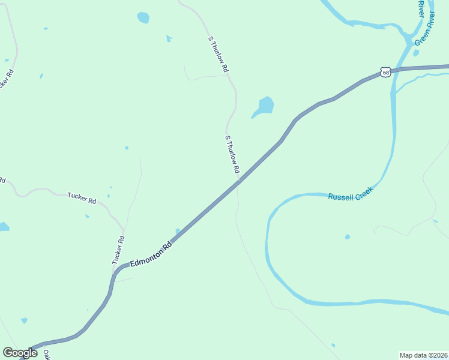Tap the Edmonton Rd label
(151, 254)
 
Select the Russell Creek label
(351, 193)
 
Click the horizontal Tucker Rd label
(82, 198)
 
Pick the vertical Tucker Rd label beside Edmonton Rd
(118, 250)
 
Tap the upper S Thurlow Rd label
(218, 54)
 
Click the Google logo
(20, 353)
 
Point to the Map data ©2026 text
(423, 355)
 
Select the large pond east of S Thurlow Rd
(264, 106)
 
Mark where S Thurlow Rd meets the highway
(240, 179)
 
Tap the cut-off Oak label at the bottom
(46, 354)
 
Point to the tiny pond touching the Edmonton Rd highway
(177, 231)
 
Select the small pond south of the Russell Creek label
(348, 237)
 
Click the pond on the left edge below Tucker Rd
(3, 227)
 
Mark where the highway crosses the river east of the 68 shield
(394, 70)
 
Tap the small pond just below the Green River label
(416, 53)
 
